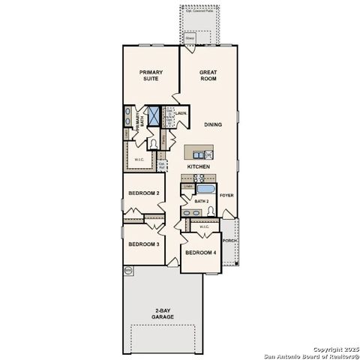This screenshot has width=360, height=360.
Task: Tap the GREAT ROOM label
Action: pos(208,75)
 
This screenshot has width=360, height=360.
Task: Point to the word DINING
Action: pos(212,124)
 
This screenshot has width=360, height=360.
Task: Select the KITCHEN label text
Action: pos(198,166)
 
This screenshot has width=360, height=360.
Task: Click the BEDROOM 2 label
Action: pos(142,193)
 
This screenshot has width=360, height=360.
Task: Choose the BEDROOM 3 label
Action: pos(142,244)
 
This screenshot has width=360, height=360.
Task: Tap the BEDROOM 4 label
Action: pos(200,253)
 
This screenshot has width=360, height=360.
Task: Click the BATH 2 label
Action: pos(201,202)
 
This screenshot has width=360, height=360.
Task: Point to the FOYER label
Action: pos(226,195)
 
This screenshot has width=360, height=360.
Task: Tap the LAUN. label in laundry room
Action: pos(180,114)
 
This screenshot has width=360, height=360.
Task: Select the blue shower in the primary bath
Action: pos(154,116)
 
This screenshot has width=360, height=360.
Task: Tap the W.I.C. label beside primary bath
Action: pos(139,159)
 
